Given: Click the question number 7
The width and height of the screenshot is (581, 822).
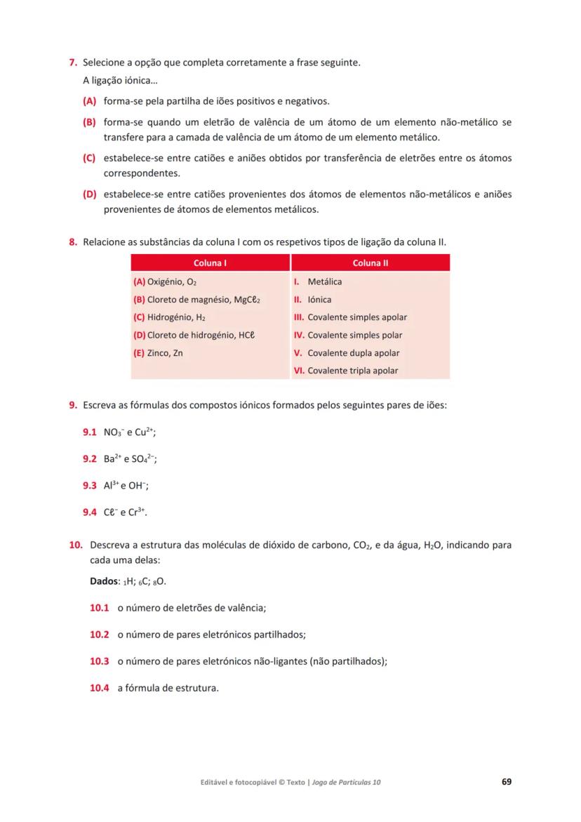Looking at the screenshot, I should (x=72, y=63).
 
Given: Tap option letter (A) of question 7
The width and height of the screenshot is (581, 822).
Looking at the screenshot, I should (x=88, y=101).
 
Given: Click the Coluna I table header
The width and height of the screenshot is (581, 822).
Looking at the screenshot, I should (x=210, y=263).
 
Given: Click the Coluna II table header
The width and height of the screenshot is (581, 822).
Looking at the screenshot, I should (x=370, y=263).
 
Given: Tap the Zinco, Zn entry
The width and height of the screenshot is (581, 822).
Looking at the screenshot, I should (x=158, y=353).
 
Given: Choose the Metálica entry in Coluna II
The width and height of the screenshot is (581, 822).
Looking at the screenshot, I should (x=324, y=282).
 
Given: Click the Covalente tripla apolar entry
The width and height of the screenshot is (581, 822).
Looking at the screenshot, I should (x=352, y=371).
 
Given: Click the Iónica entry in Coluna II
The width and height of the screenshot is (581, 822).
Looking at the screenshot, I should (x=319, y=300).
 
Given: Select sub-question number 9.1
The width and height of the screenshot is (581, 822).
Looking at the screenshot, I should (x=89, y=433).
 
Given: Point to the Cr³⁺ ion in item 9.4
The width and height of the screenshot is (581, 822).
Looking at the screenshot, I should (x=138, y=512).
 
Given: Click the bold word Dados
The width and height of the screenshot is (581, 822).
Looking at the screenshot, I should (x=104, y=582).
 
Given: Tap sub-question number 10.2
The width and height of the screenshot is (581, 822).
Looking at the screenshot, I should (x=100, y=635).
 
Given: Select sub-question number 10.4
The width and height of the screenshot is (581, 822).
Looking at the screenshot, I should (x=100, y=688).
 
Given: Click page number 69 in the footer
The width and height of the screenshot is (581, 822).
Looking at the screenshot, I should (x=506, y=781).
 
